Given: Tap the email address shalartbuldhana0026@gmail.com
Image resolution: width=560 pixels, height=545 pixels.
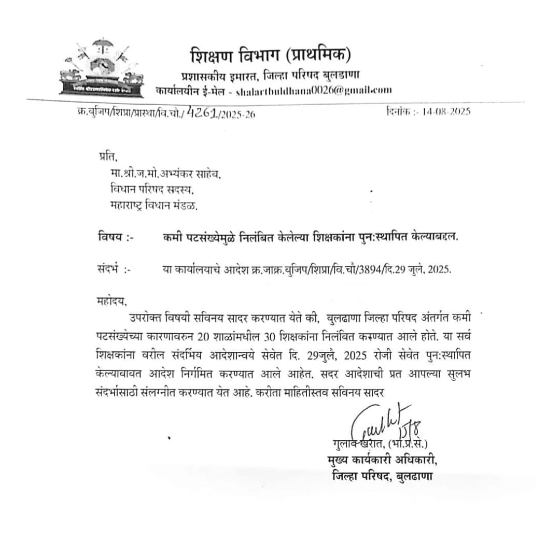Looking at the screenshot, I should coord(313,90).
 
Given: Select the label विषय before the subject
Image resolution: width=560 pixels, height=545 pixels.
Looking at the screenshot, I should coord(115,238).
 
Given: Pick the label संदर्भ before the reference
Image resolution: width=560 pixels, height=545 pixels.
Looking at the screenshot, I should coord(115,270).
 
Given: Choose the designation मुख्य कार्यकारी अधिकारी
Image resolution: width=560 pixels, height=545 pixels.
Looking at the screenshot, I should coord(382,461).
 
